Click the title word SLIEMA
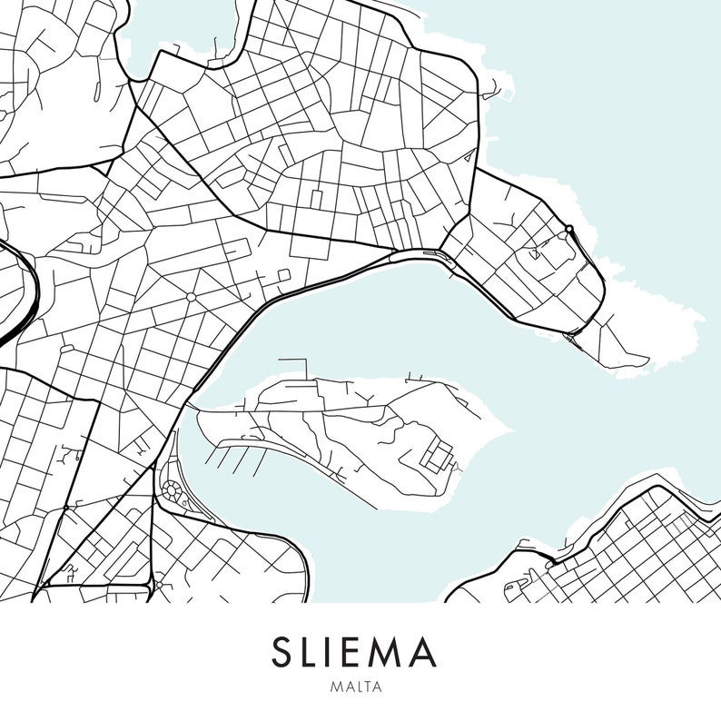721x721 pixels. click(354, 652)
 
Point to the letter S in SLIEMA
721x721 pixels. click(282, 652)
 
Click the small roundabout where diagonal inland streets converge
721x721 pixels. click(191, 297)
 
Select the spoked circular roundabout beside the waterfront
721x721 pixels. click(172, 491)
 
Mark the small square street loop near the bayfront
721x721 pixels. click(283, 274)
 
